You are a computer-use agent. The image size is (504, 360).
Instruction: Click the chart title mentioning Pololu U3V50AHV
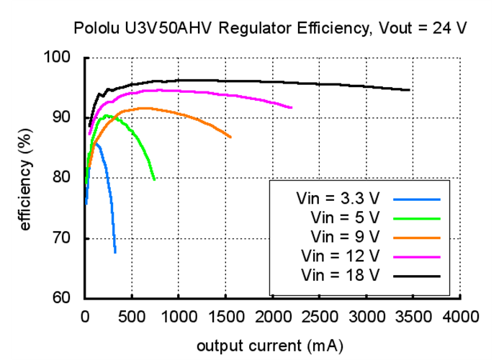270,29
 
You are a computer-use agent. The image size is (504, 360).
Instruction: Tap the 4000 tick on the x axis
461,316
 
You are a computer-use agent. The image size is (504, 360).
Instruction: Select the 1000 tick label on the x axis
179,316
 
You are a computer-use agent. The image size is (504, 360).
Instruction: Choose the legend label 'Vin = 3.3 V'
336,197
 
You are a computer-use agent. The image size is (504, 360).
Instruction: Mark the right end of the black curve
410,90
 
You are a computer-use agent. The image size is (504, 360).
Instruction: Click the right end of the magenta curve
292,107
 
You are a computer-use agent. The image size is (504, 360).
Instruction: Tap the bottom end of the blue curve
115,253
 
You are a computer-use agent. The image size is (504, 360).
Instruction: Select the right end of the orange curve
231,137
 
